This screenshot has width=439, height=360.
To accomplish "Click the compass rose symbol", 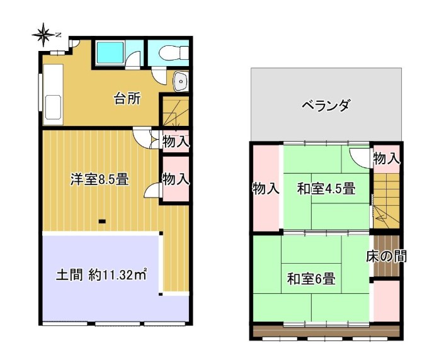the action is [x=43, y=35].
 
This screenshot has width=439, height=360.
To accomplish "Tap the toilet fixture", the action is [x=174, y=52].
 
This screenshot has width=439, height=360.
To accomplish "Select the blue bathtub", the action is [x=110, y=53].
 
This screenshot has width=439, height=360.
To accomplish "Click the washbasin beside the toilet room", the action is [x=181, y=81].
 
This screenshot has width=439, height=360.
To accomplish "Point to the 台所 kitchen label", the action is [x=127, y=99].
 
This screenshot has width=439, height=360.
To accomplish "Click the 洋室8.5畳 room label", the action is [x=100, y=179].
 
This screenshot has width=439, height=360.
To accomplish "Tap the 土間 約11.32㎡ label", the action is [x=101, y=274].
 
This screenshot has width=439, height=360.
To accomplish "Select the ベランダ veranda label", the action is [x=326, y=106].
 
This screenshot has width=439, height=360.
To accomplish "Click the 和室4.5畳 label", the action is [x=326, y=189].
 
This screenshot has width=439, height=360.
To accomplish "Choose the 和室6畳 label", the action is [x=311, y=279].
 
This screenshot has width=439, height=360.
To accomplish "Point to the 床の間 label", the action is [x=387, y=256].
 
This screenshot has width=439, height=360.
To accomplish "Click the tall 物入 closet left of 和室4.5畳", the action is [x=266, y=188].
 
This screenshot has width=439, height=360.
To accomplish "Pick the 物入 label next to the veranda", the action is [x=387, y=159].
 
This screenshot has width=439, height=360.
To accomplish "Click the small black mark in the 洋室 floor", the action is [x=102, y=222].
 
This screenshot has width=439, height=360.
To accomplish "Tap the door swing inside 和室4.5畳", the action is [x=360, y=159].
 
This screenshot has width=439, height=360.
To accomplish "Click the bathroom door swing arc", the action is [x=133, y=59].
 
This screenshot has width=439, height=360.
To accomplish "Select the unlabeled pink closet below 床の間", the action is [x=387, y=301].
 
